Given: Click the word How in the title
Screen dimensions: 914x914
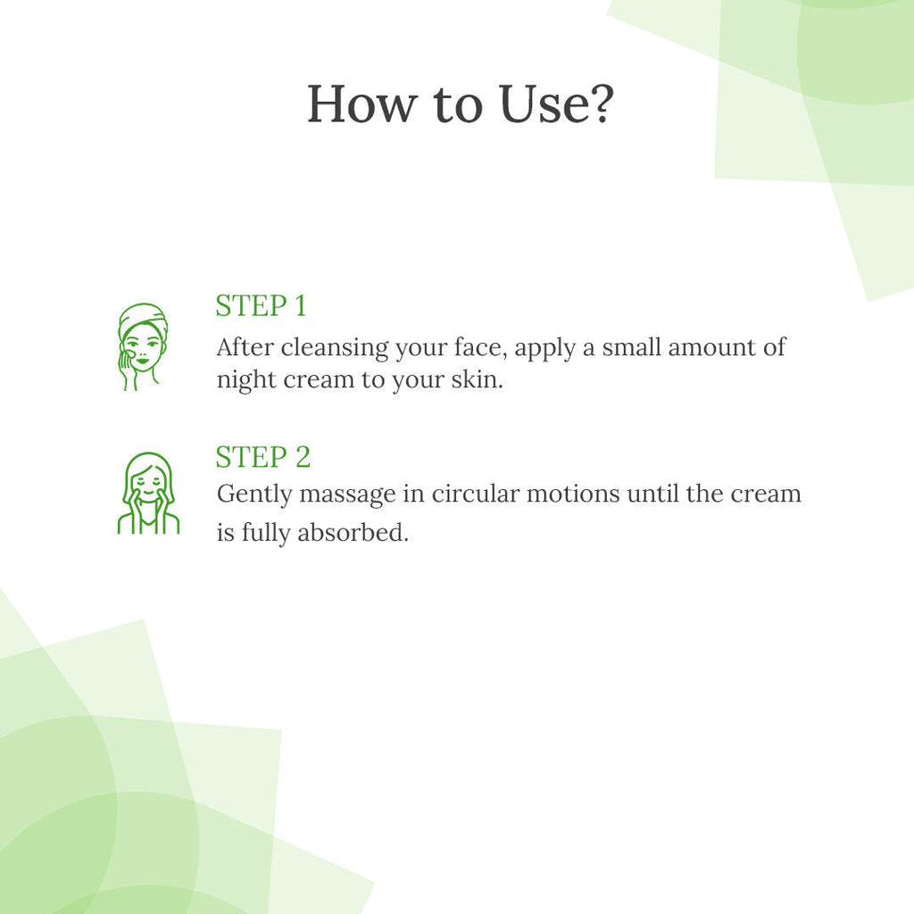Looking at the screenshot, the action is (362, 104).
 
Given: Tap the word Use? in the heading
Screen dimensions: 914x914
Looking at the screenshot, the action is (556, 104).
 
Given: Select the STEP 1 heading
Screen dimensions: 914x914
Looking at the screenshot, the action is (261, 305).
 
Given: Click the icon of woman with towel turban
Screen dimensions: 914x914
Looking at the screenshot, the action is (142, 347).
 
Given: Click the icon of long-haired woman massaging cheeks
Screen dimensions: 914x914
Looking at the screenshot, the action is (149, 493).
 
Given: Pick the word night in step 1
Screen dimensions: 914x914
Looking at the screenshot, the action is (246, 380).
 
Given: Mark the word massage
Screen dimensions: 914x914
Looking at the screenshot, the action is (347, 495).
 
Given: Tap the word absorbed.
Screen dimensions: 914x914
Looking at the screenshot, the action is (353, 532).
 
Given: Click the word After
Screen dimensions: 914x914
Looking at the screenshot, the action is (245, 347).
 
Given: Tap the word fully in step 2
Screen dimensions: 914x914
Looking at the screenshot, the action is (265, 533).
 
